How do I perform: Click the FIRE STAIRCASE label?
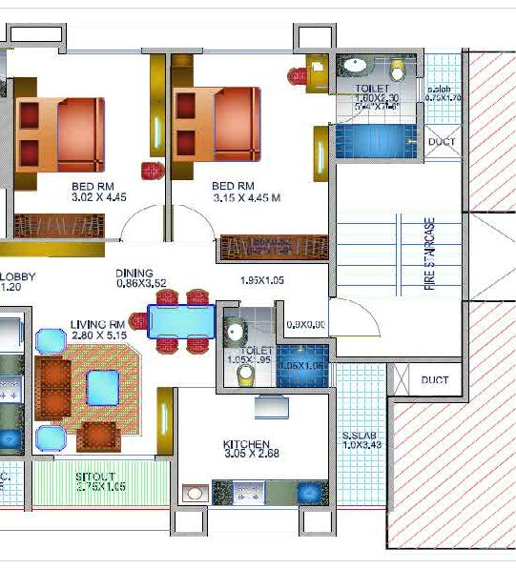click(x=429, y=253)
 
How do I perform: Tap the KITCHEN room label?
click(x=246, y=444)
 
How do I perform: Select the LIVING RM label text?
click(x=98, y=324)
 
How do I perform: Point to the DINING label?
click(x=134, y=272)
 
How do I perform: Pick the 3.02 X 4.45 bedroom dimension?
click(x=98, y=197)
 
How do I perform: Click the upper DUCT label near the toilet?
click(x=442, y=142)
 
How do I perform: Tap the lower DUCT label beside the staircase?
click(x=435, y=380)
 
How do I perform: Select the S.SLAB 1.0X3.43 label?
click(x=361, y=441)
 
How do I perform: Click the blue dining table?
click(x=181, y=321)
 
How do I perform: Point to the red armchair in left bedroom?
click(x=151, y=171)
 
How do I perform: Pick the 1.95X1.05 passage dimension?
click(x=263, y=280)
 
